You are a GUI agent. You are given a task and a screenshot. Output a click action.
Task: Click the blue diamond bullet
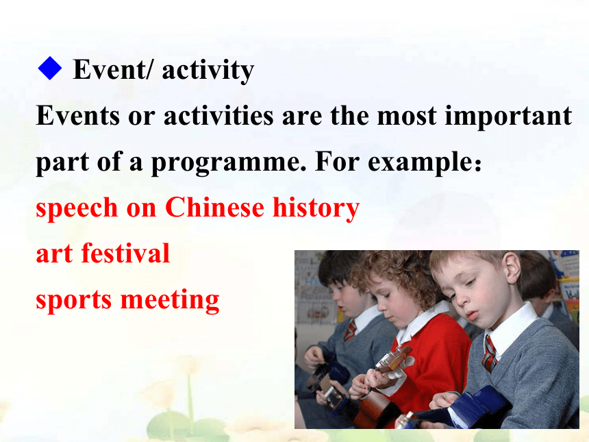pyautogui.click(x=50, y=68)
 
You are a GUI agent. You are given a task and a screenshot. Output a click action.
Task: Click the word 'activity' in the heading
pyautogui.click(x=208, y=71)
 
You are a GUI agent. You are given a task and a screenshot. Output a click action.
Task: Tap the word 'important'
pyautogui.click(x=509, y=117)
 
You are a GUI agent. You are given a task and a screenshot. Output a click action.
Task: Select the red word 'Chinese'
pyautogui.click(x=214, y=207)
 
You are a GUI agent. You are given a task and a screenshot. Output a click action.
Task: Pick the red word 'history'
pyautogui.click(x=316, y=208)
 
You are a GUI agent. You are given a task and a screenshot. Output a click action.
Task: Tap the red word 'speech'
pyautogui.click(x=77, y=208)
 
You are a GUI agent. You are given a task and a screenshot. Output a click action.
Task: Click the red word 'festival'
pyautogui.click(x=125, y=253)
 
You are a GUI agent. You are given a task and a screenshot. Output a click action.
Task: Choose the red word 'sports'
pyautogui.click(x=74, y=300)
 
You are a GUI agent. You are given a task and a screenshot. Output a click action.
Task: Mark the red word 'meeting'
pyautogui.click(x=170, y=300)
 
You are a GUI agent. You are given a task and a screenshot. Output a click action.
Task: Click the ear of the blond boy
pyautogui.click(x=513, y=269)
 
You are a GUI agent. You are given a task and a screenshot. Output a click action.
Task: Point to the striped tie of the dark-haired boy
pyautogui.click(x=349, y=330)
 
